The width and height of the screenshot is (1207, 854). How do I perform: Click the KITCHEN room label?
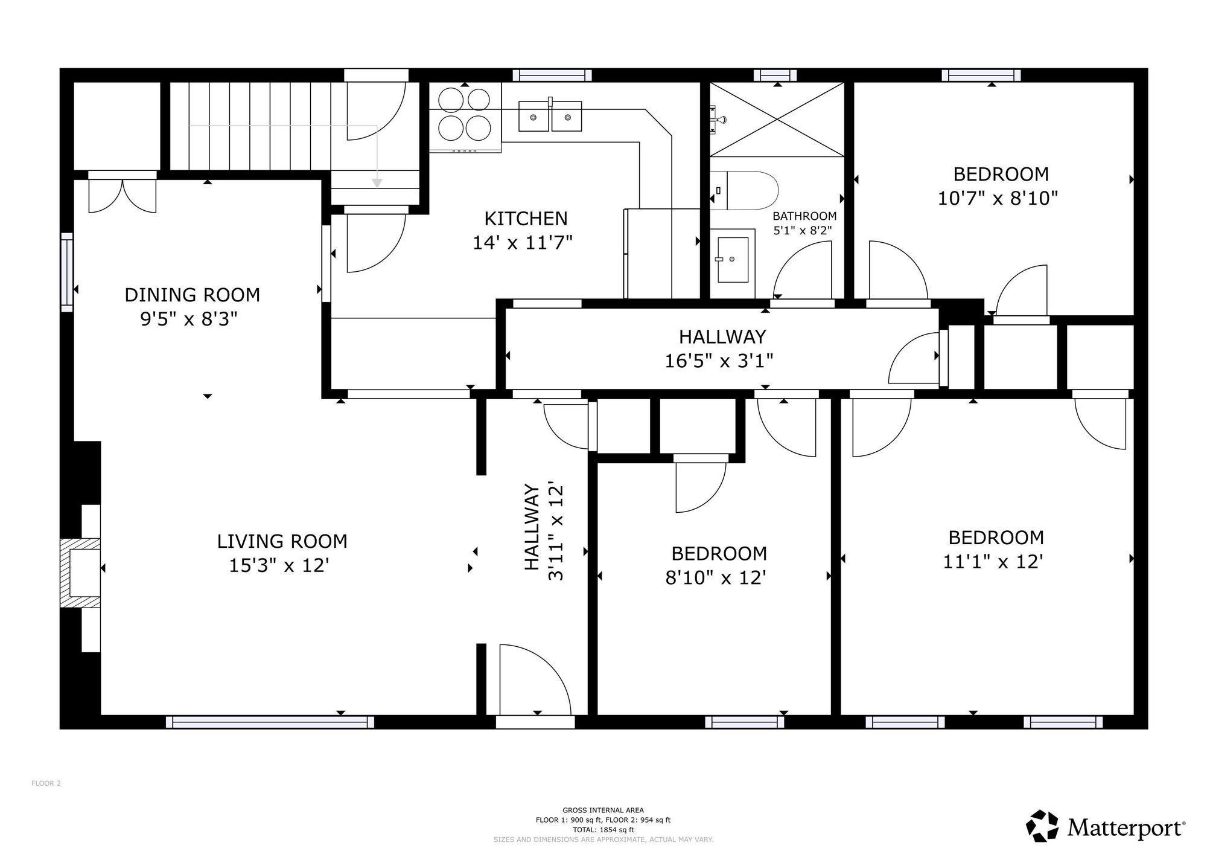click(526, 218)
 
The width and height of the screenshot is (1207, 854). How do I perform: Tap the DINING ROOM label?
click(192, 295)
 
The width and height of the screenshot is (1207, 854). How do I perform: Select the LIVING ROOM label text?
click(282, 541)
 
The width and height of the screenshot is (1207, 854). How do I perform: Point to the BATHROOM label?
click(804, 216)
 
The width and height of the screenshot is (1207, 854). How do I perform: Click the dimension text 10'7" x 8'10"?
click(998, 199)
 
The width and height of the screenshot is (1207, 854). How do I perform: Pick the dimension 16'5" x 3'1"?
click(719, 361)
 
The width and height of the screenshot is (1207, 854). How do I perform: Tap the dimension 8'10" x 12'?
click(716, 578)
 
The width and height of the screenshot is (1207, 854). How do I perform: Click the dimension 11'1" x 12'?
click(993, 562)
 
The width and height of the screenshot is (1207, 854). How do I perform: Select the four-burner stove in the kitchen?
click(465, 118)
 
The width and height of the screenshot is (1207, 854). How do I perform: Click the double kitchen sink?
click(550, 115)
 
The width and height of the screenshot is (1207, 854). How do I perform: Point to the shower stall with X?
click(776, 120)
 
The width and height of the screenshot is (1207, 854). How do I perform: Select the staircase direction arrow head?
click(377, 182)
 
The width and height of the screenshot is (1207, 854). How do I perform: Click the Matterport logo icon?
click(1042, 826)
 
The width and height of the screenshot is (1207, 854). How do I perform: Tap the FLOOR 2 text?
click(46, 783)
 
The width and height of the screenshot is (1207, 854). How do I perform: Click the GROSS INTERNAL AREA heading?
click(603, 811)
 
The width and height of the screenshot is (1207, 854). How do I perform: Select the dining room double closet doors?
click(123, 194)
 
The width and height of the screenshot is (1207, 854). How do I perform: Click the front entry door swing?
click(535, 680)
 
